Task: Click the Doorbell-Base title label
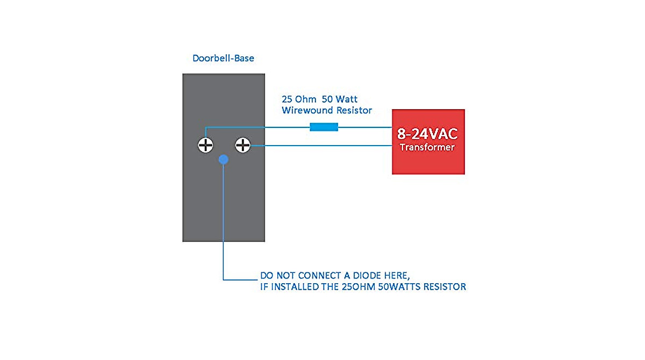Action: pyautogui.click(x=223, y=58)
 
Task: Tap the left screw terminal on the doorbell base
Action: pyautogui.click(x=205, y=145)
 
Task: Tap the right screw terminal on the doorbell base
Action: pyautogui.click(x=243, y=145)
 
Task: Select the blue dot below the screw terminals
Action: pyautogui.click(x=224, y=160)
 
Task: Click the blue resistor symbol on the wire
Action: pyautogui.click(x=324, y=127)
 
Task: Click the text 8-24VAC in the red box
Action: pyautogui.click(x=428, y=134)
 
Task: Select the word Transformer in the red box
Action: pyautogui.click(x=428, y=147)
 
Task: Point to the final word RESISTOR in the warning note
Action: pyautogui.click(x=445, y=287)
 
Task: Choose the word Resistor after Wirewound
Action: pyautogui.click(x=353, y=111)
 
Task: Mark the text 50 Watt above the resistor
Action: pyautogui.click(x=340, y=99)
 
